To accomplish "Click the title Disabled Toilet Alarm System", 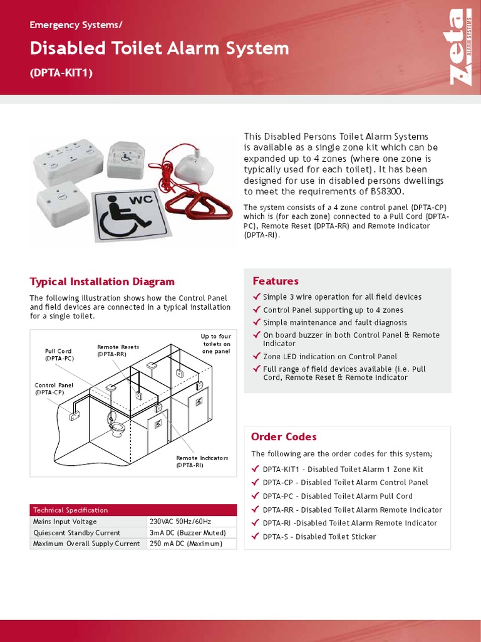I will [159, 48].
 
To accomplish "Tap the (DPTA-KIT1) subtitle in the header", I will [61, 73].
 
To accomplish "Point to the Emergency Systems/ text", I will [76, 25].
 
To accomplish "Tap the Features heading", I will [275, 281].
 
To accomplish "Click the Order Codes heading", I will [283, 436].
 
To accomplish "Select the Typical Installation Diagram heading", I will [102, 282].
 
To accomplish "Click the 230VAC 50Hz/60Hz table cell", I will [180, 522].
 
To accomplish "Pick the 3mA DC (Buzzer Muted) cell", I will [187, 532].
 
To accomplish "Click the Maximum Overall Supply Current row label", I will [86, 544].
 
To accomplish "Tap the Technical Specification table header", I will [70, 510].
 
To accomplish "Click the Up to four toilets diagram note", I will [217, 344].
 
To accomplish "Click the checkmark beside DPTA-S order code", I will [255, 536].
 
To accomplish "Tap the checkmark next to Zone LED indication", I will [256, 356].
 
